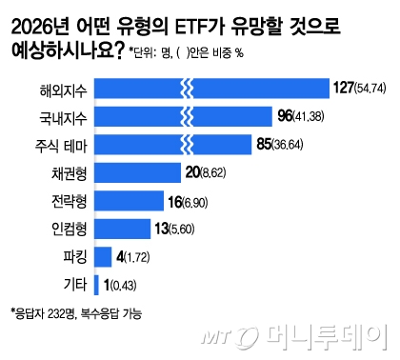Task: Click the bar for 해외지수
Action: tap(210, 90)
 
